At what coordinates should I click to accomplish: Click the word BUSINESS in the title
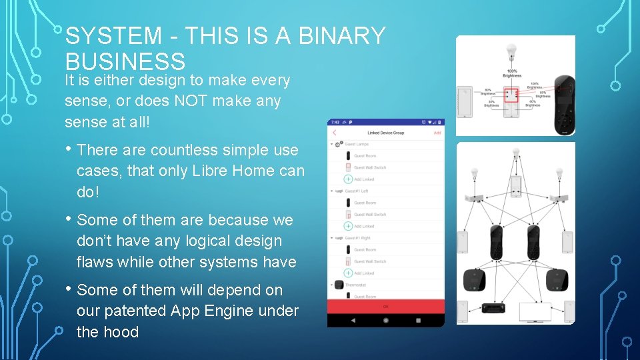point(125,61)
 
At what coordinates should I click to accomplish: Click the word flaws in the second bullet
point(95,262)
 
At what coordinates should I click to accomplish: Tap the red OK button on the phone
point(385,307)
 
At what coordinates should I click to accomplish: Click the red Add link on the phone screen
point(437,133)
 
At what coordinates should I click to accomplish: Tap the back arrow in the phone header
point(335,133)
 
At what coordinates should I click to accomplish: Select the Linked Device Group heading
point(385,133)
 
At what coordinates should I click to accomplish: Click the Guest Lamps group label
point(357,144)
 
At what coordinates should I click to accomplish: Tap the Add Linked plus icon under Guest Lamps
point(348,179)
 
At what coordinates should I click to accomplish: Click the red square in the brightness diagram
point(512,95)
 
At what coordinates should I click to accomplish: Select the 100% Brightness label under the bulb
point(512,73)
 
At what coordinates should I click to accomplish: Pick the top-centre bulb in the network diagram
point(515,155)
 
